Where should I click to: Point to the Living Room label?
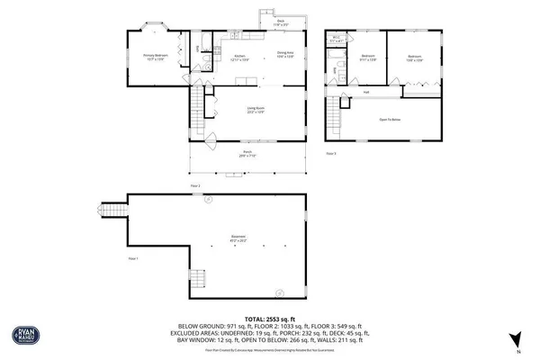click(256, 111)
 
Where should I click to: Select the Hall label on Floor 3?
click(367, 92)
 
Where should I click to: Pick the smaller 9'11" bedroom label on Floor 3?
click(367, 59)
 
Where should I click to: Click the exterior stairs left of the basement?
click(112, 212)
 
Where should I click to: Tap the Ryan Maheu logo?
click(24, 333)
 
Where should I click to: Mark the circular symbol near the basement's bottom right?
click(278, 291)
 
